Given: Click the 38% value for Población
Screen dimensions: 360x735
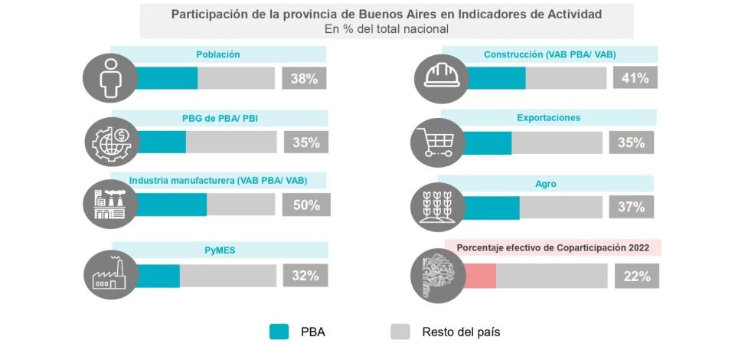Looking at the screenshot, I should pyautogui.click(x=304, y=78).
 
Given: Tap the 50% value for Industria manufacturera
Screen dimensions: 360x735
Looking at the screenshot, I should pyautogui.click(x=306, y=205).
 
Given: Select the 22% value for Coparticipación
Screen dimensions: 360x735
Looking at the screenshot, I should pyautogui.click(x=636, y=276).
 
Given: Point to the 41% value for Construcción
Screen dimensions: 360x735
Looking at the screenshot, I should pyautogui.click(x=635, y=77).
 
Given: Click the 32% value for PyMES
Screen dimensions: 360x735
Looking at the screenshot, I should pyautogui.click(x=305, y=276).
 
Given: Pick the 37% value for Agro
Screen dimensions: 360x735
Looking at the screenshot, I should pyautogui.click(x=631, y=206).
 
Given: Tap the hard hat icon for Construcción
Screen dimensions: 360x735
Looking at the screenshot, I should pyautogui.click(x=442, y=77).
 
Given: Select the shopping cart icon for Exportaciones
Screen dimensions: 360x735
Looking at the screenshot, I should pyautogui.click(x=436, y=142).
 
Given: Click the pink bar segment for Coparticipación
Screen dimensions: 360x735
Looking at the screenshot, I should pyautogui.click(x=480, y=276).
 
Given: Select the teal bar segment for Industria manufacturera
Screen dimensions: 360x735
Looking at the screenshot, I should pyautogui.click(x=171, y=205).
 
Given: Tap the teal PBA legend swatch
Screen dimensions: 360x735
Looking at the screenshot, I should pyautogui.click(x=279, y=332).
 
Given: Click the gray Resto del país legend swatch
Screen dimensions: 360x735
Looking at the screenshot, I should pyautogui.click(x=400, y=332).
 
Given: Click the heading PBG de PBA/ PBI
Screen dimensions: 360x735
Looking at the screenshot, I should pyautogui.click(x=219, y=118).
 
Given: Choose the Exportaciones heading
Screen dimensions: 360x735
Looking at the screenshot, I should pyautogui.click(x=548, y=118).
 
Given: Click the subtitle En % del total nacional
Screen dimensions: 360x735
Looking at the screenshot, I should pyautogui.click(x=387, y=29).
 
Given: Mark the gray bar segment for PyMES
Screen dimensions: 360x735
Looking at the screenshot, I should pyautogui.click(x=228, y=276).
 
